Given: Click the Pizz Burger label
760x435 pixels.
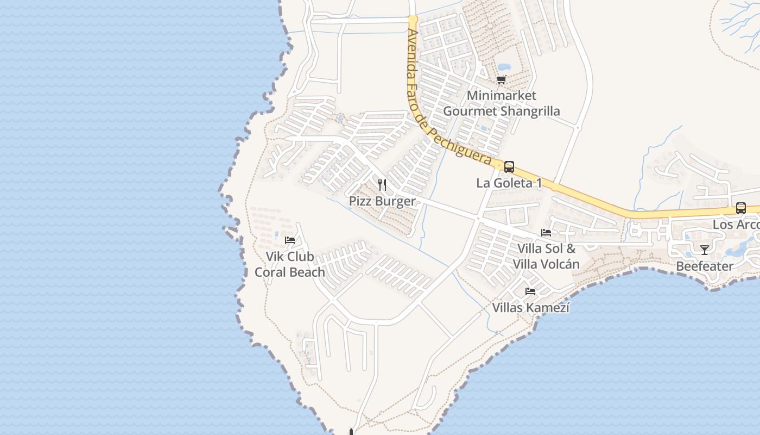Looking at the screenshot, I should pyautogui.click(x=382, y=201).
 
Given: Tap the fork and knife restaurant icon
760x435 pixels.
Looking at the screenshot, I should pyautogui.click(x=382, y=185).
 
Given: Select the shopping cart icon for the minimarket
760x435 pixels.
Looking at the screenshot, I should pyautogui.click(x=502, y=80).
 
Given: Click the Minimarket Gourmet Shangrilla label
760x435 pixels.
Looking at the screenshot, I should pyautogui.click(x=502, y=103).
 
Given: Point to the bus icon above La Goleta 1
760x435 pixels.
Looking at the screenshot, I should pyautogui.click(x=509, y=167).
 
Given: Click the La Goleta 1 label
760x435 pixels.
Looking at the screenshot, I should pyautogui.click(x=509, y=183).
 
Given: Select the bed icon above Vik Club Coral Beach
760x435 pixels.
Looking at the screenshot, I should pyautogui.click(x=290, y=240).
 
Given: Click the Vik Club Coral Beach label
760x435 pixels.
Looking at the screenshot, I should pyautogui.click(x=290, y=264).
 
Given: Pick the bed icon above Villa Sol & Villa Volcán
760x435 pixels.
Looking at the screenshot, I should pyautogui.click(x=546, y=233).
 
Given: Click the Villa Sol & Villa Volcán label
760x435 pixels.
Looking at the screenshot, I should pyautogui.click(x=546, y=257).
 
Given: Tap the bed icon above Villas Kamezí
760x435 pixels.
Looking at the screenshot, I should pyautogui.click(x=530, y=292).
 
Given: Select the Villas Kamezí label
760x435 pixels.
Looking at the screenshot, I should pyautogui.click(x=530, y=308).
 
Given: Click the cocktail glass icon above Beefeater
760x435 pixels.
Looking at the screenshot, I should pyautogui.click(x=705, y=250).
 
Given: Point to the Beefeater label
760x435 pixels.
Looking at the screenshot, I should pyautogui.click(x=705, y=266).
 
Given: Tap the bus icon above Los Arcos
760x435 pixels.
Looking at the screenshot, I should pyautogui.click(x=741, y=208).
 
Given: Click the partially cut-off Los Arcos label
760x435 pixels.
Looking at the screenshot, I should pyautogui.click(x=736, y=225).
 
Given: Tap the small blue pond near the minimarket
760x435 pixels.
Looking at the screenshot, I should pyautogui.click(x=504, y=68).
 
